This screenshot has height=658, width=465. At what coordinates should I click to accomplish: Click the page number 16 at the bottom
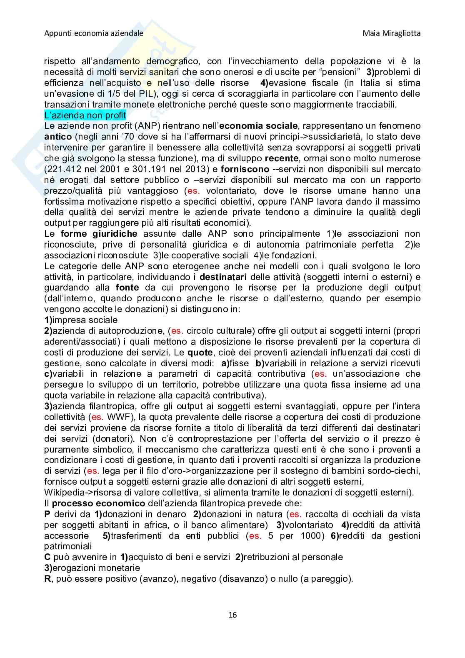[232, 615]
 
